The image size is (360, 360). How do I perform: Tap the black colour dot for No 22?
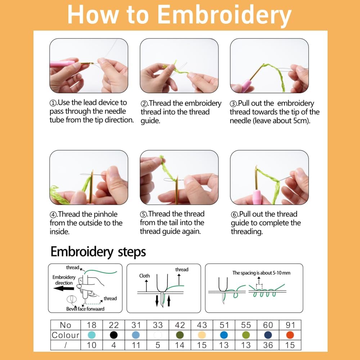(114, 335)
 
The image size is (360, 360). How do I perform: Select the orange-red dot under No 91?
(290, 335)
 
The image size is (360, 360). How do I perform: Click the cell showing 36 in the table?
(268, 345)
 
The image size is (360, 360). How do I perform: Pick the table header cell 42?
(180, 325)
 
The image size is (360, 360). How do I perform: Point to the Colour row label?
(66, 335)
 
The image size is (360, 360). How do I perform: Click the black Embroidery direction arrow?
(64, 288)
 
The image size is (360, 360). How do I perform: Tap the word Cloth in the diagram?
(144, 276)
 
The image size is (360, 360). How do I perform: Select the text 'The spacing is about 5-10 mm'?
(261, 273)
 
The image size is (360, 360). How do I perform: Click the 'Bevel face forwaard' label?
(85, 309)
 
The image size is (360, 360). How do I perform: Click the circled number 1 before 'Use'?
(53, 103)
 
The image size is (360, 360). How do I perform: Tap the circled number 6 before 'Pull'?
(234, 215)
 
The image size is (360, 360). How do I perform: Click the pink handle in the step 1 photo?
(62, 64)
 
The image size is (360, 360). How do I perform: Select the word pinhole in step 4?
(105, 215)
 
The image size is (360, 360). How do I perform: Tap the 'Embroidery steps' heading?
(98, 252)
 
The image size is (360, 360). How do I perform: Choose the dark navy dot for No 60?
(268, 335)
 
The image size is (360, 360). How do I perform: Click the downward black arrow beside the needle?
(157, 301)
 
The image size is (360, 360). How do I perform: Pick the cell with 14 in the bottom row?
(180, 345)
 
